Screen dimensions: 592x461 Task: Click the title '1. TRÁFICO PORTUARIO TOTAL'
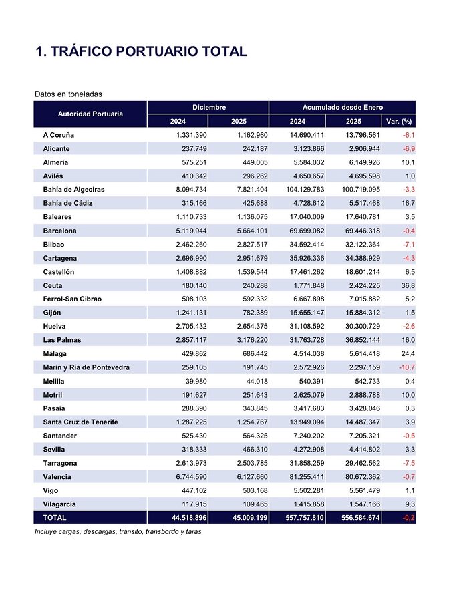[141, 51]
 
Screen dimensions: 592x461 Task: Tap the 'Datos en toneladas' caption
[68, 94]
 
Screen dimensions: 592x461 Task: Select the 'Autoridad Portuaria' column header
[90, 114]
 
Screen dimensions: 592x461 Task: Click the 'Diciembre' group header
[208, 107]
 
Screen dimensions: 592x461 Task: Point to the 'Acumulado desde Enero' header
[341, 107]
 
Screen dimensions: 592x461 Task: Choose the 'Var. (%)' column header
[398, 121]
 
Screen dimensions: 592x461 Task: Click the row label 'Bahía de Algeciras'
[73, 190]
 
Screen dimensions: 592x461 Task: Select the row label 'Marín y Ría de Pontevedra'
[86, 367]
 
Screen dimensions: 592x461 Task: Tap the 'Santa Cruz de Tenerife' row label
[80, 422]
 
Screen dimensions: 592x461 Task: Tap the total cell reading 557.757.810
[297, 518]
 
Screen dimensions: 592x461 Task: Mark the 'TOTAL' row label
[54, 518]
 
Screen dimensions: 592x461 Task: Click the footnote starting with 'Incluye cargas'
[118, 532]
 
